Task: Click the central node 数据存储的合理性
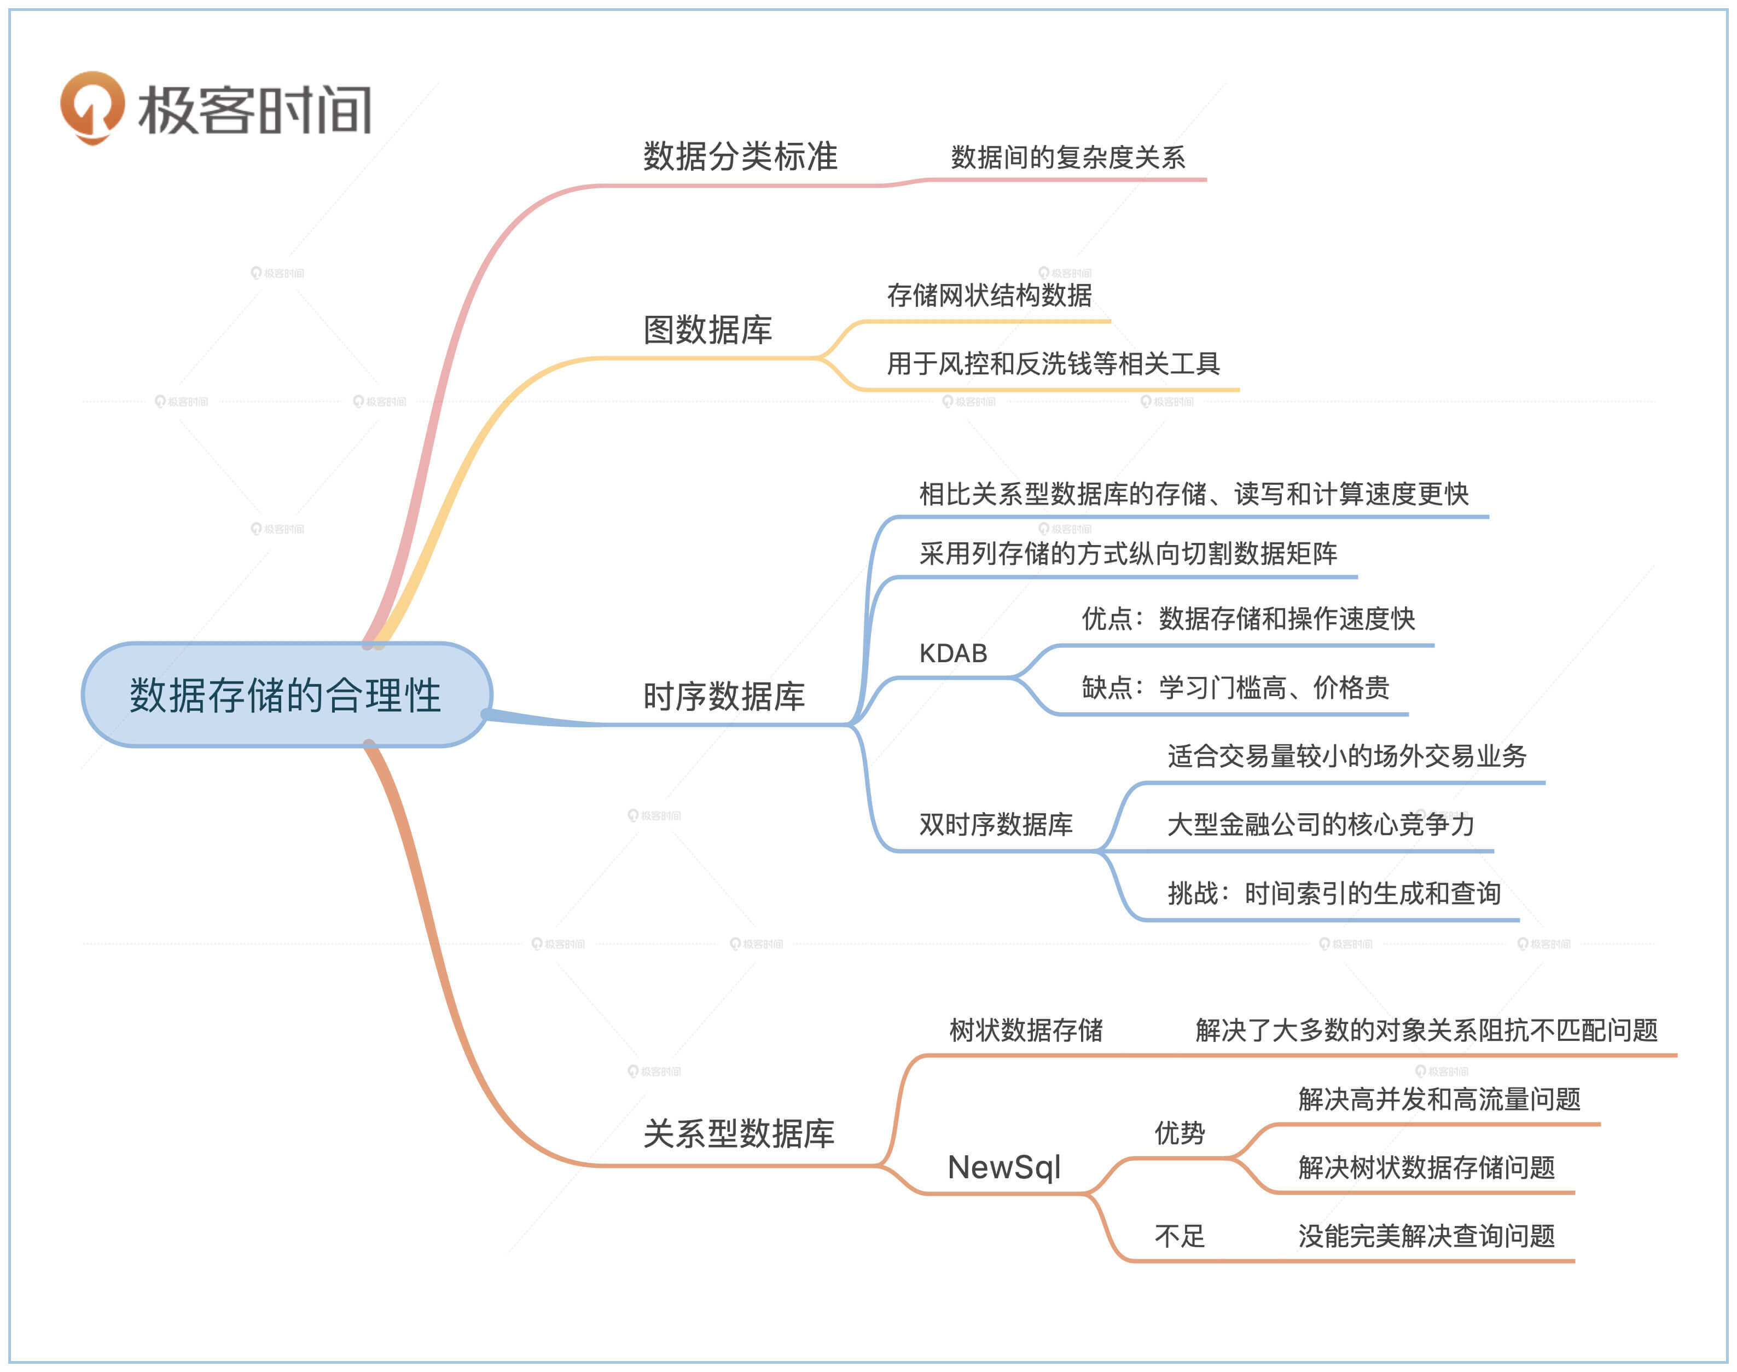(286, 695)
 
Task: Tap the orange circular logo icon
(92, 107)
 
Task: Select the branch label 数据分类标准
(740, 156)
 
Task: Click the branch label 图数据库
(707, 329)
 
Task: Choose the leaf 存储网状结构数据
(989, 295)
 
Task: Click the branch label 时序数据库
(724, 696)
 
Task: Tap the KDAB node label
(952, 653)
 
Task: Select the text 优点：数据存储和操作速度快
(1247, 618)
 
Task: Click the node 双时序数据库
(995, 824)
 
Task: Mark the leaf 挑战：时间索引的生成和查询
(1333, 893)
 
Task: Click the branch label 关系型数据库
(738, 1133)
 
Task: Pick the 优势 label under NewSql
(1179, 1133)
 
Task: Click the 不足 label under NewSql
(1179, 1235)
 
